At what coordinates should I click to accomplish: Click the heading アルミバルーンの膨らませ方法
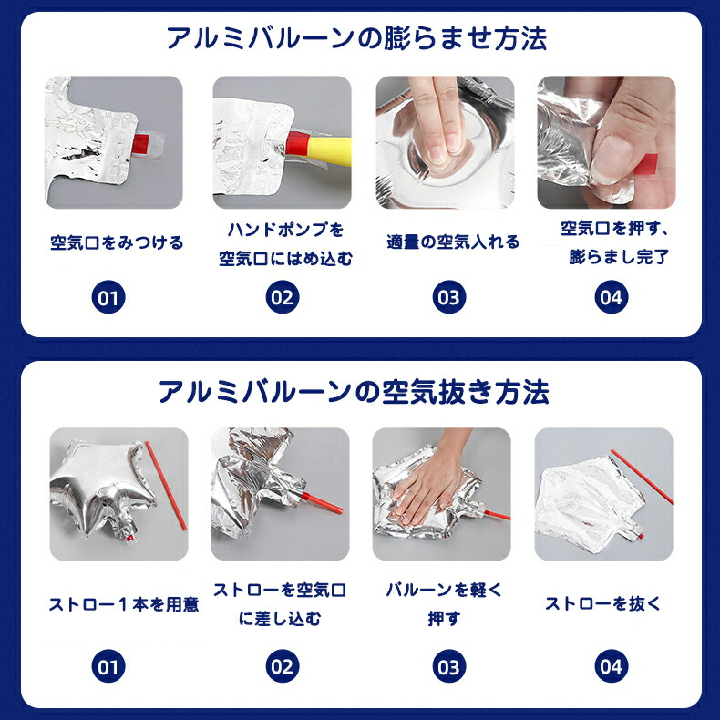[356, 38]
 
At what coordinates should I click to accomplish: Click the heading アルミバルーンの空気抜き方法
[354, 392]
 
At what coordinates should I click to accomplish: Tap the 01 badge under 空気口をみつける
[108, 297]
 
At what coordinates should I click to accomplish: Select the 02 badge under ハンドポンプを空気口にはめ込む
[283, 297]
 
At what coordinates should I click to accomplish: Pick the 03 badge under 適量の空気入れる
[449, 297]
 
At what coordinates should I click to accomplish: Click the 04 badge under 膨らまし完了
[612, 297]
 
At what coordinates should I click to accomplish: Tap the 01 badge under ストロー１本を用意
[108, 666]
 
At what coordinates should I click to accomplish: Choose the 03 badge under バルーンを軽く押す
[449, 666]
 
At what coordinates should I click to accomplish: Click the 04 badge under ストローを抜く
[612, 666]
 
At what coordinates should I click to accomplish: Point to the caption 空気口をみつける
[117, 242]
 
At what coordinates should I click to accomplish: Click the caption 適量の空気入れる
[453, 242]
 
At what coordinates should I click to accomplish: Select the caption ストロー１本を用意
[124, 604]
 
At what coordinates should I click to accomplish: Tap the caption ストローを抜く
[602, 603]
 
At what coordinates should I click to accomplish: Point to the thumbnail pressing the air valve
[607, 142]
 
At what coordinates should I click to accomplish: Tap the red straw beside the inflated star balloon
[166, 486]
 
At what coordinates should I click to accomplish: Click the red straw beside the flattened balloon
[642, 476]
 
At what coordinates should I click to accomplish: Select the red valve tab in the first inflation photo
[140, 143]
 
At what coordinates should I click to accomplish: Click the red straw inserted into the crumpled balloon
[322, 503]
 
